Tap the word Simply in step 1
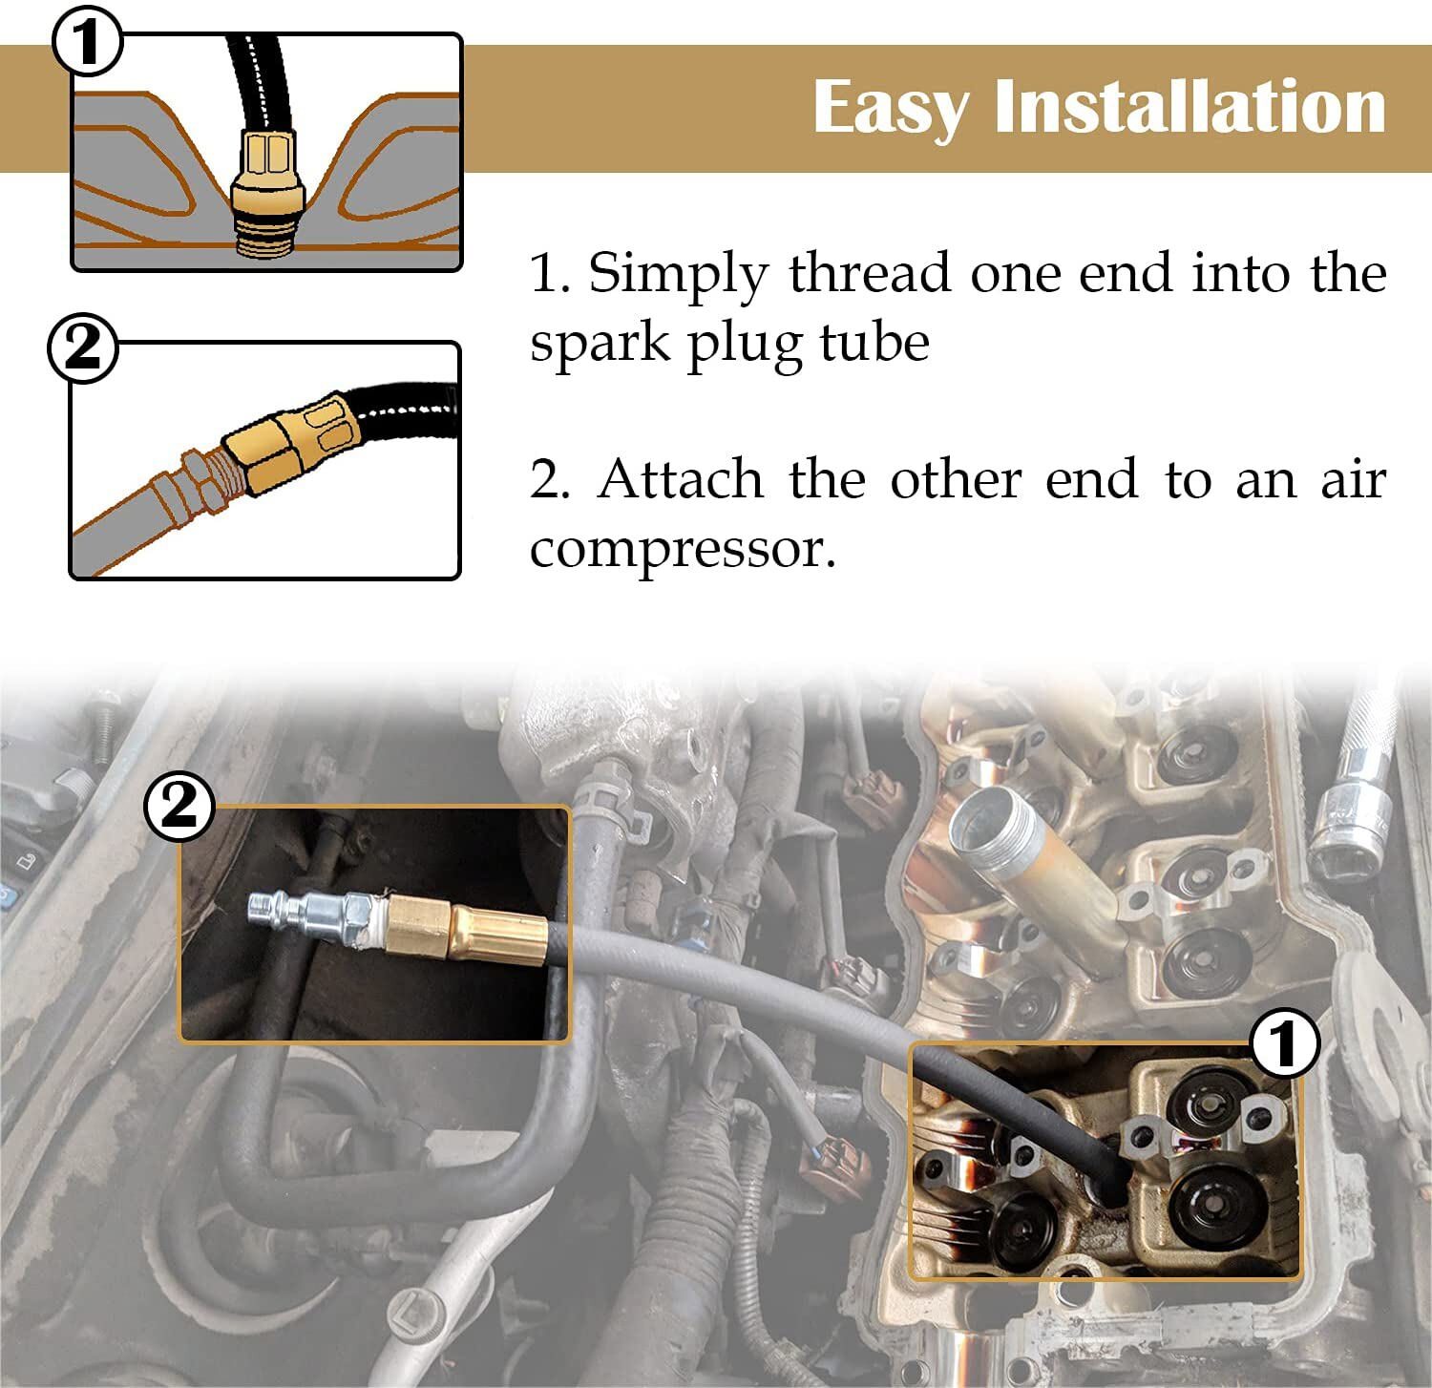point(677,276)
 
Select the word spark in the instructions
point(600,344)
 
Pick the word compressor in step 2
point(683,551)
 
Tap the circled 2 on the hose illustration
point(83,348)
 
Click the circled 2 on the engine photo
point(179,808)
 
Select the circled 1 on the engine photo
point(1285,1042)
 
